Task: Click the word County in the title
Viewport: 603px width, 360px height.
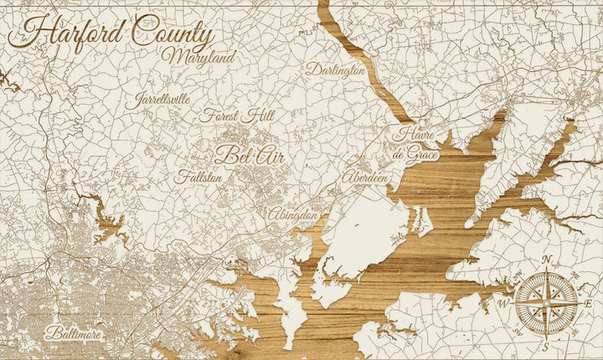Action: [172, 33]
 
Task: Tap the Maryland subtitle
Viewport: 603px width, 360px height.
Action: [200, 58]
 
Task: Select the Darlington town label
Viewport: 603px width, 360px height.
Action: [335, 70]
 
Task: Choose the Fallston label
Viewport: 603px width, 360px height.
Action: [198, 177]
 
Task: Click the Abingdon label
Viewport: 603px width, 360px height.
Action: [293, 215]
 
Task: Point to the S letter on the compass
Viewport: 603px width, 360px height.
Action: [546, 346]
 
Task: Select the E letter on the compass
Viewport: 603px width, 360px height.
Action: [589, 302]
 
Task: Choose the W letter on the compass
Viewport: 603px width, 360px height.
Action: [504, 302]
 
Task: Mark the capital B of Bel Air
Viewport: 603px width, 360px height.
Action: [224, 154]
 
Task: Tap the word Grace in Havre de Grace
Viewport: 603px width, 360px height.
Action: [424, 153]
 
